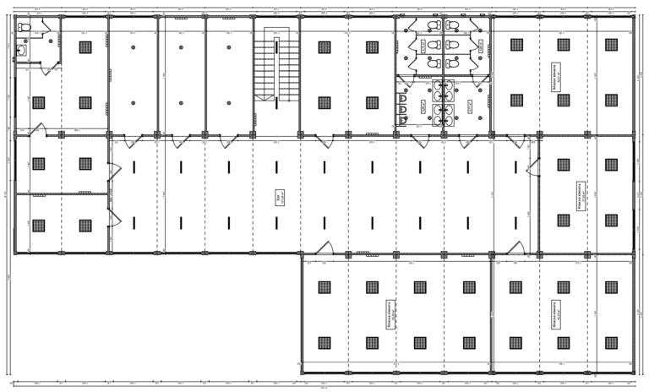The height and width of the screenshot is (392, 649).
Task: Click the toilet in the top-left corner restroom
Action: tap(25, 30)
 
